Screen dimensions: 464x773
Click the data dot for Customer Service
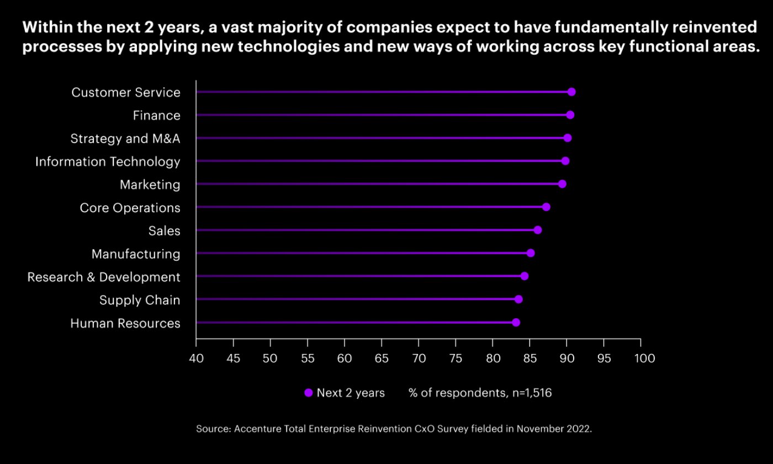click(x=571, y=92)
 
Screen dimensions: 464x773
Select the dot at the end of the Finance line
click(x=570, y=115)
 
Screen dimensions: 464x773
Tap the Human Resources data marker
click(x=516, y=323)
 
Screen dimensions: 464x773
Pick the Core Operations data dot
click(x=546, y=207)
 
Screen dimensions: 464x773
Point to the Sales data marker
click(x=538, y=230)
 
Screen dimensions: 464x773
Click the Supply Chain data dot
click(x=518, y=299)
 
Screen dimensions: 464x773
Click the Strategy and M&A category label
click(x=125, y=139)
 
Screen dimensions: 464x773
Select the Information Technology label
click(x=108, y=162)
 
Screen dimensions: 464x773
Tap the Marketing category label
click(x=150, y=185)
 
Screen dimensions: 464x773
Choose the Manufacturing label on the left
click(x=136, y=254)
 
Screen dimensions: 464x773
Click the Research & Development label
click(x=104, y=277)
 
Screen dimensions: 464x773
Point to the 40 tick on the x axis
click(x=196, y=358)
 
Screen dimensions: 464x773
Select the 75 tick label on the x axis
click(x=456, y=358)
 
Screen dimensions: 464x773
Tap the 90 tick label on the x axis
click(x=566, y=358)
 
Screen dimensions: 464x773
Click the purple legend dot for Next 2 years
click(x=309, y=393)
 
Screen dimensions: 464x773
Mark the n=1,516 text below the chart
click(x=530, y=393)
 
